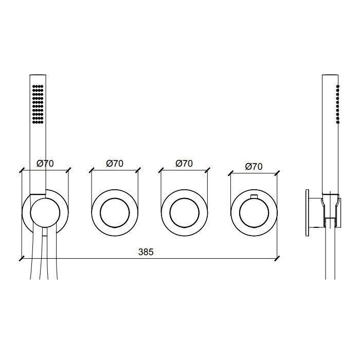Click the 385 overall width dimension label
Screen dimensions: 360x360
click(x=146, y=252)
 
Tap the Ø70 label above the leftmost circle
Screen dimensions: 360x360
click(x=45, y=164)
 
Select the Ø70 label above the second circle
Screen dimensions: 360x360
click(x=115, y=164)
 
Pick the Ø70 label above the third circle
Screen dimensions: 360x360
click(x=184, y=164)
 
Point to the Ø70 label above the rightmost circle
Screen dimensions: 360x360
click(x=254, y=167)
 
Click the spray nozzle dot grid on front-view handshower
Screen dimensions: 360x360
click(x=38, y=104)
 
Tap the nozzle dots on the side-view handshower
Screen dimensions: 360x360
click(x=338, y=104)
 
